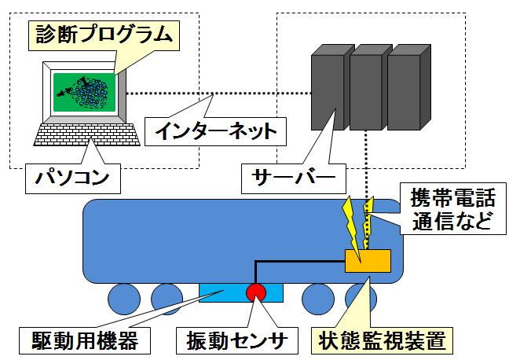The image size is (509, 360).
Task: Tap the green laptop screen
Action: click(x=84, y=92)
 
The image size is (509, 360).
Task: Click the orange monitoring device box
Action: click(x=368, y=260)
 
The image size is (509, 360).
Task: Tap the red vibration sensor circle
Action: click(x=257, y=292)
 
